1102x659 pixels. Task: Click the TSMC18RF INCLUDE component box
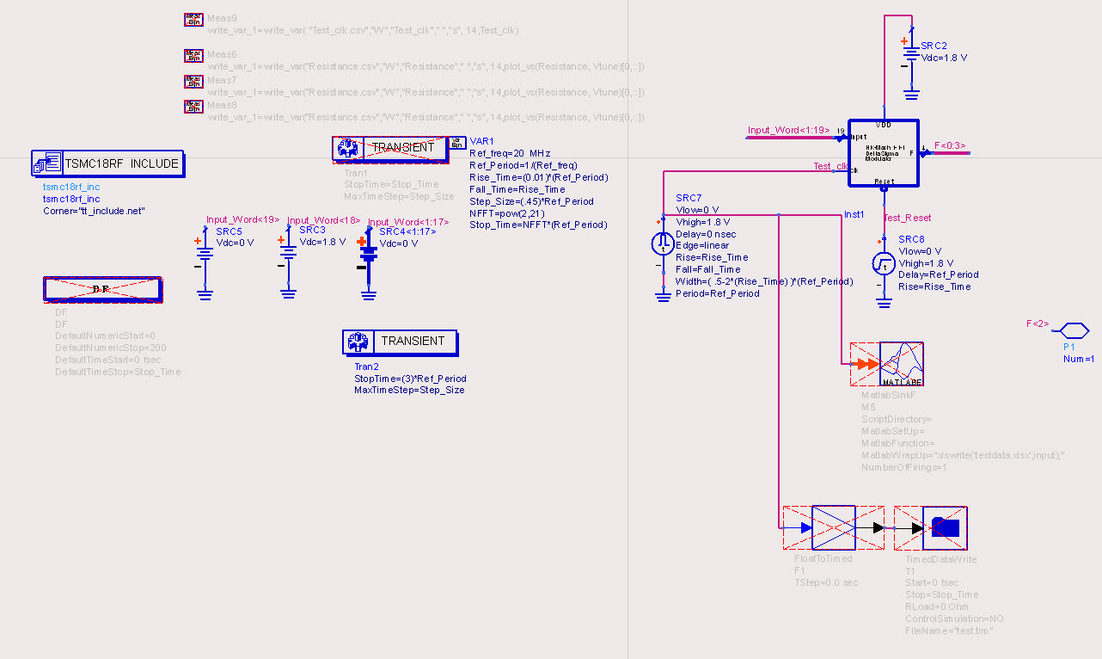click(108, 163)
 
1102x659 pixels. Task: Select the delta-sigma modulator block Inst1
click(883, 152)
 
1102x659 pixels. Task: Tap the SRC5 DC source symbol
click(205, 256)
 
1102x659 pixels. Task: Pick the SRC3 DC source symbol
click(288, 256)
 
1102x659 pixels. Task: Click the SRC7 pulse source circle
click(663, 243)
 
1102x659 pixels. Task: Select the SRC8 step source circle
click(885, 262)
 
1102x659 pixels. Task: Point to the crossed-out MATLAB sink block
click(887, 365)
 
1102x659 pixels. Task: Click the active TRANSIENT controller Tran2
click(400, 342)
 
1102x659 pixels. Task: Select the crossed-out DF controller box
click(102, 290)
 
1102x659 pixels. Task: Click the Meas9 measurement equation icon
click(193, 19)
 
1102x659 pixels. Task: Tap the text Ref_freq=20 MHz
click(509, 153)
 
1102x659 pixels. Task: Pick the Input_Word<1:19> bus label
click(788, 130)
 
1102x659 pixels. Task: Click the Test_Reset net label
click(907, 218)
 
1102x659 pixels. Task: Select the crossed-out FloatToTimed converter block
click(833, 527)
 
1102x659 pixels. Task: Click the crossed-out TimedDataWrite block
click(931, 527)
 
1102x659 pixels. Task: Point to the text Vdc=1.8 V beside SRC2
click(944, 58)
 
